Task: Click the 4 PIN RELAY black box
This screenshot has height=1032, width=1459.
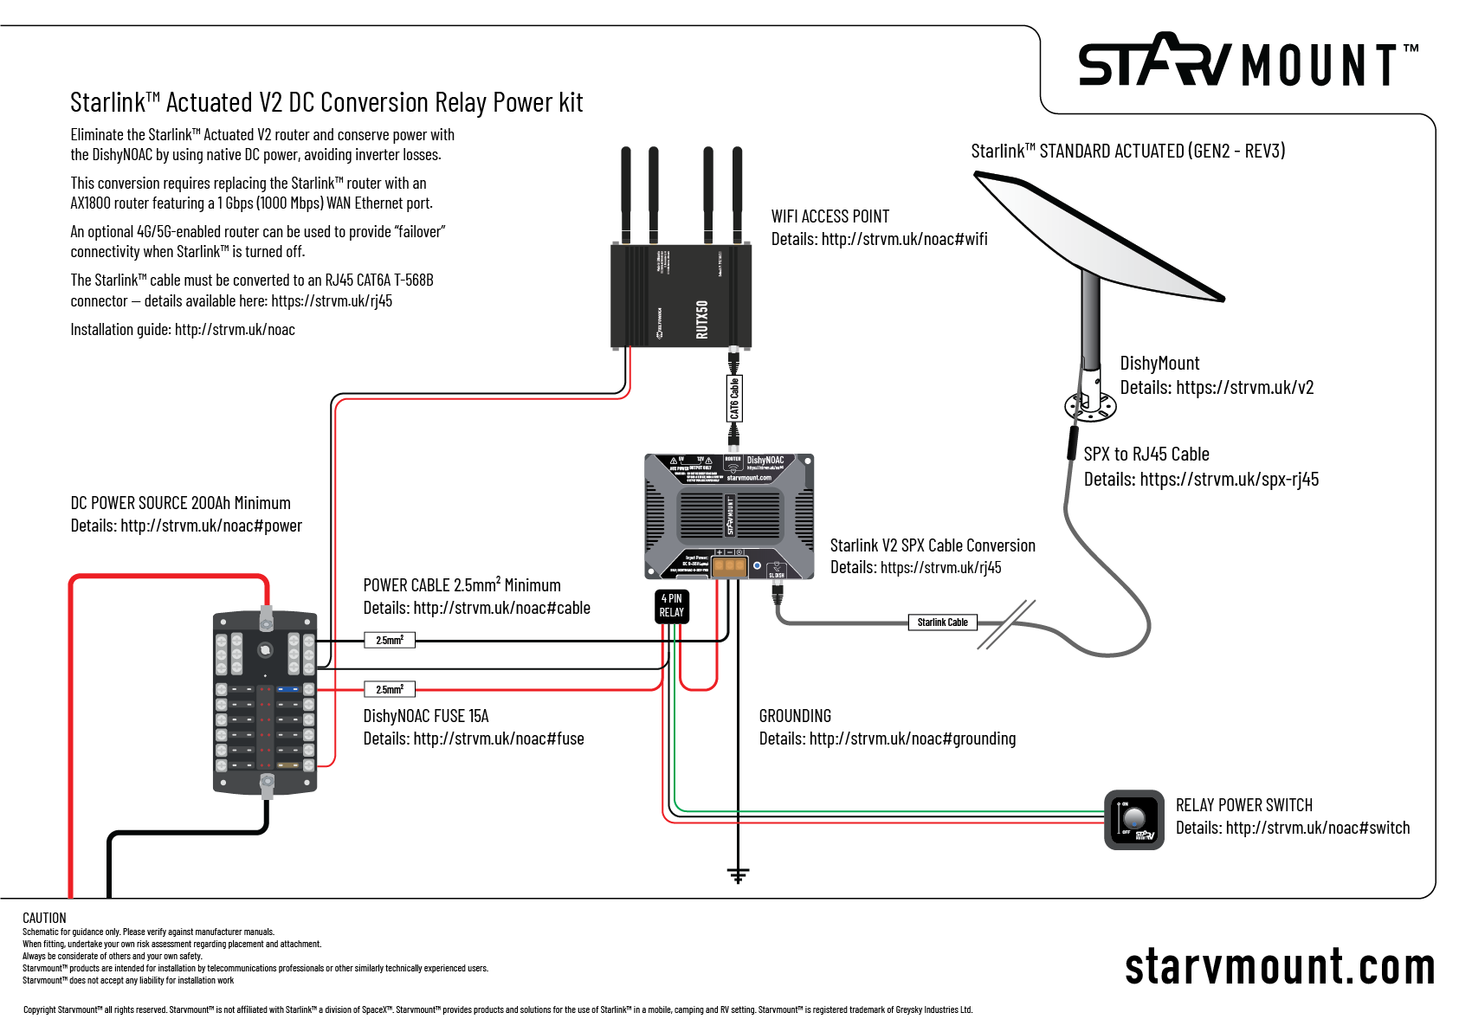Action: [x=671, y=606]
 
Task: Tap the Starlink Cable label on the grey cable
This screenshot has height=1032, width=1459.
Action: [x=942, y=622]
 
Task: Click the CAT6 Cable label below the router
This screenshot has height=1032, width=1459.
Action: [x=734, y=398]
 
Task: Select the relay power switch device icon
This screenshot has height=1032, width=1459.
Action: [x=1134, y=820]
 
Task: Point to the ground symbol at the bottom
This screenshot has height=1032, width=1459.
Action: [x=738, y=875]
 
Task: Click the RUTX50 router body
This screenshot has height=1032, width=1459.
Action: [x=681, y=295]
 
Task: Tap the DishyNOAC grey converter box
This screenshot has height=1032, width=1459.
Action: [x=729, y=516]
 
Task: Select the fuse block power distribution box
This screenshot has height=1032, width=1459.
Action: [x=265, y=701]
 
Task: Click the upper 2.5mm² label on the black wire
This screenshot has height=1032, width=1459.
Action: [x=390, y=641]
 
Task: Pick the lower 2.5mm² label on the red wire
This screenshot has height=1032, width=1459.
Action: [x=390, y=690]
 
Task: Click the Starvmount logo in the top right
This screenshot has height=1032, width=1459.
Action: [x=1247, y=62]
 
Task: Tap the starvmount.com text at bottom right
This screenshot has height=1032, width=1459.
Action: [x=1279, y=967]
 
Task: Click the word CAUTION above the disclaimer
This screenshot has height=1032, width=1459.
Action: [x=44, y=918]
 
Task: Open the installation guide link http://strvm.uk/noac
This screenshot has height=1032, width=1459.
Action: [x=235, y=330]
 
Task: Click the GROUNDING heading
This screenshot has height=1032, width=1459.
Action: [x=795, y=716]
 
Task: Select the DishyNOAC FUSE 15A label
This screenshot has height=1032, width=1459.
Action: [x=426, y=716]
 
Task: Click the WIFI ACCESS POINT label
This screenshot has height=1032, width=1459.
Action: [x=830, y=216]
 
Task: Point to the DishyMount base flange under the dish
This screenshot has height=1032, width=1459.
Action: [x=1089, y=405]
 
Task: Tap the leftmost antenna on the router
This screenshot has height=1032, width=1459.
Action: [x=625, y=195]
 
